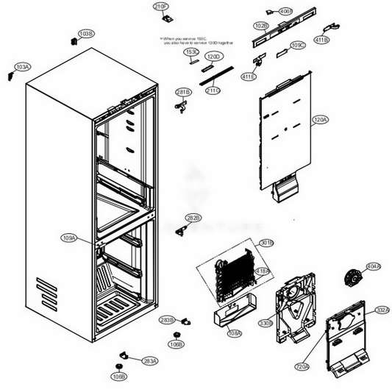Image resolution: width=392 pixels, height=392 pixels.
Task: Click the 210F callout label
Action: pos(161,7)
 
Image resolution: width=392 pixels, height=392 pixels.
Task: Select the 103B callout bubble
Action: pos(87,34)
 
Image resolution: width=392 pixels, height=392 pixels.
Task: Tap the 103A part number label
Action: pos(23,67)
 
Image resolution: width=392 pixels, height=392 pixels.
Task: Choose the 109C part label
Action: pos(298,46)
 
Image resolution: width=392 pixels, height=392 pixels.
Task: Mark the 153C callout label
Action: pos(191,52)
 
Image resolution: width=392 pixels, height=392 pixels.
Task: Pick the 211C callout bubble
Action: pos(213,90)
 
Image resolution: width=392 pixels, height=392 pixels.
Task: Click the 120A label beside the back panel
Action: pos(321,119)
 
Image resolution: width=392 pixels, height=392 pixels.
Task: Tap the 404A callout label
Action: pos(374,266)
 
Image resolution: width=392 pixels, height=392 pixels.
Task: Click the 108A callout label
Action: pos(235,333)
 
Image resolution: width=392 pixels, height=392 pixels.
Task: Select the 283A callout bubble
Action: pos(150,361)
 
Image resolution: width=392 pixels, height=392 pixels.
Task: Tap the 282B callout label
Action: pos(193,218)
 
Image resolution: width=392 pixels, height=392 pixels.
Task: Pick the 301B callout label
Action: pos(266,243)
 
